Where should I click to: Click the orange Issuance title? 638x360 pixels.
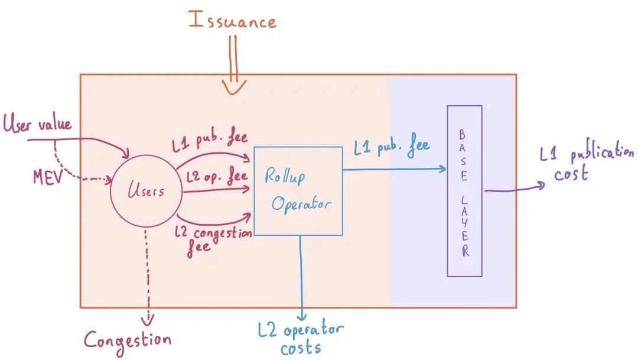(232, 21)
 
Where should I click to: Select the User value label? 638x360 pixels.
(37, 125)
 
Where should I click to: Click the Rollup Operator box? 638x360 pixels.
(298, 190)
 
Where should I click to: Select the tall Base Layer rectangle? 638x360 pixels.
(465, 191)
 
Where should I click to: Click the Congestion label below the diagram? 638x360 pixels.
(127, 340)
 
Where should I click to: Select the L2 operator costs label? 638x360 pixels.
(301, 338)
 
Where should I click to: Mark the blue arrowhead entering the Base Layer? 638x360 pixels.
(441, 170)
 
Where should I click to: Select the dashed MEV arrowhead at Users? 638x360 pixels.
(108, 178)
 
